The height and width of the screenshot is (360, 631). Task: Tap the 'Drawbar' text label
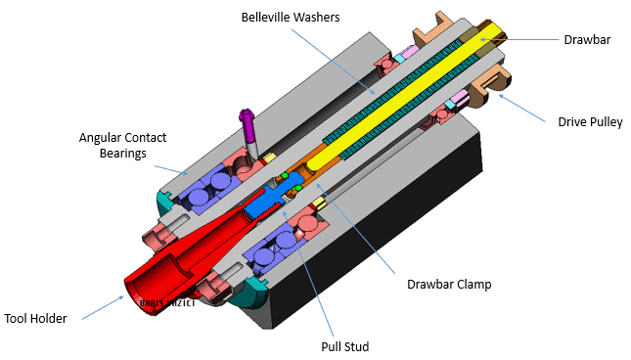587,40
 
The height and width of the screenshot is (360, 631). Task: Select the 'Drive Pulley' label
586,122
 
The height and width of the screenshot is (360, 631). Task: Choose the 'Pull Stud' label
345,345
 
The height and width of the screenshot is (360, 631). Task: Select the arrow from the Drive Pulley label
522,109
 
